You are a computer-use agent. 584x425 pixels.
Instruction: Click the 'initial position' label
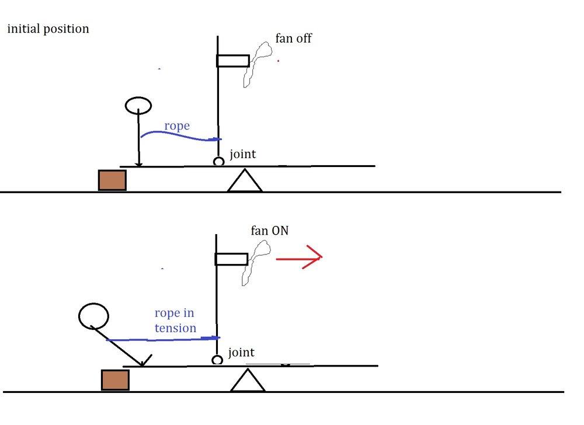coord(48,29)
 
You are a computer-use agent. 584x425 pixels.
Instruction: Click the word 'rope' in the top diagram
coord(177,126)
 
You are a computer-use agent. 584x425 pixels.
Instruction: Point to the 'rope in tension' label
coord(175,321)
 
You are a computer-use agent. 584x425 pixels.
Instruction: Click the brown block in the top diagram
coord(112,180)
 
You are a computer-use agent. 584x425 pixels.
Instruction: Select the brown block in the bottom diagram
coord(115,380)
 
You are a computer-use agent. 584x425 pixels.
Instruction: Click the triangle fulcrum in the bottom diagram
coord(248,381)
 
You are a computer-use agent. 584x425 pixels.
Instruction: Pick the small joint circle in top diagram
coord(218,161)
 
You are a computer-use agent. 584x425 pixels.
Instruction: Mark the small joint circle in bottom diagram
coord(217,360)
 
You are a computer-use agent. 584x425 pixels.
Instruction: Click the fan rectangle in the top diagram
coord(233,61)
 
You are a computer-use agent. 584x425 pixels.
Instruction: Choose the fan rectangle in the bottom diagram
coord(232,259)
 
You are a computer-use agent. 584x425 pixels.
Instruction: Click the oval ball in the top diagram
coord(138,106)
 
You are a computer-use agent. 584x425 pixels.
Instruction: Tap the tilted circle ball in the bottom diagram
coord(93,316)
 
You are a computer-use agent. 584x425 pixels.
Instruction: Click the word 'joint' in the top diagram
coord(243,155)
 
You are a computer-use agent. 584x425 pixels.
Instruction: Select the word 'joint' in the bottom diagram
coord(241,352)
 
